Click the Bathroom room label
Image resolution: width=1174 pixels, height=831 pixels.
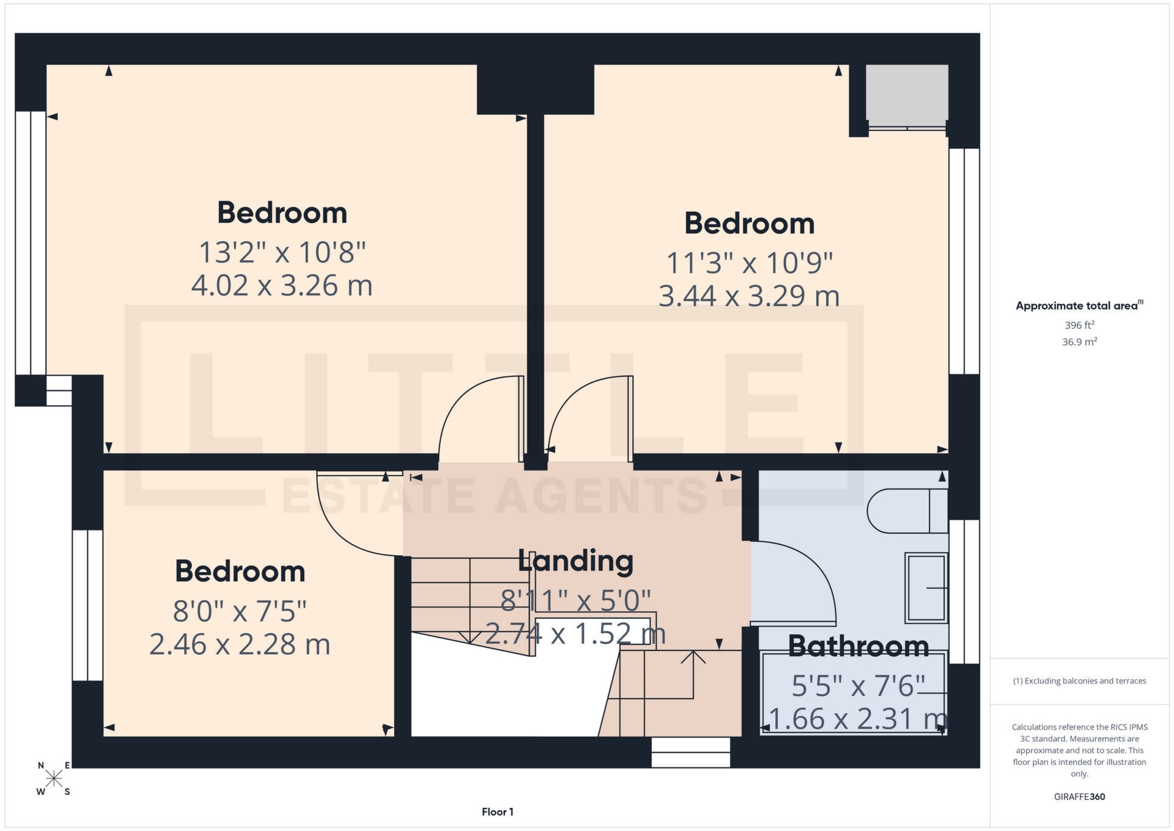(858, 647)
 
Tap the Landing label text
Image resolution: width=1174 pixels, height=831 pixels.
(575, 561)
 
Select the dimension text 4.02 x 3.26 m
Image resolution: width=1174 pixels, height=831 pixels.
(282, 286)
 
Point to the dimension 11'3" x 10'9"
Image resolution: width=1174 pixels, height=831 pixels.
(749, 264)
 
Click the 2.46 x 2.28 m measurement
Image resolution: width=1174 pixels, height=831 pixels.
(240, 644)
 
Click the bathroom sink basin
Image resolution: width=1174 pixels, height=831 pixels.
(926, 587)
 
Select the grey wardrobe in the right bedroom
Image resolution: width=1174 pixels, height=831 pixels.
(906, 93)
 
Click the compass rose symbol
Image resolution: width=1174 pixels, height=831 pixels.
(54, 778)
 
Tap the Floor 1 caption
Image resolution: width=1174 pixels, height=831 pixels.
(497, 812)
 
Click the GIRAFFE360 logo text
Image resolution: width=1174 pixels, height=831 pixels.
(1079, 797)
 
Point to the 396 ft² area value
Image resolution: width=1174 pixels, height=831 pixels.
(1079, 325)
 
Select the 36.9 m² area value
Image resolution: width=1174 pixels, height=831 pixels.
(1079, 341)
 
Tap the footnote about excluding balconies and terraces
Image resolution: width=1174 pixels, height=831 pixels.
(1079, 681)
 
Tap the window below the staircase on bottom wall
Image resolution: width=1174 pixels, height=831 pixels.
(690, 752)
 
